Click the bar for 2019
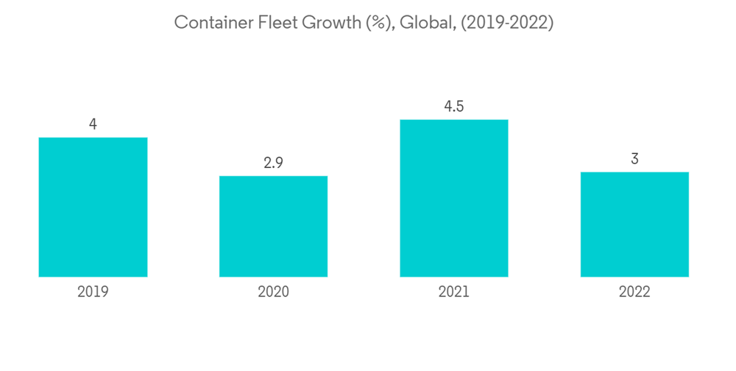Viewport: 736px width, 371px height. pyautogui.click(x=93, y=207)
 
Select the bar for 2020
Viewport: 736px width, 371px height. pyautogui.click(x=273, y=226)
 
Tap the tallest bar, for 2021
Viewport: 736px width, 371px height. pyautogui.click(x=453, y=198)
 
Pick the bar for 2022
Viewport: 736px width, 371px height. pyautogui.click(x=634, y=225)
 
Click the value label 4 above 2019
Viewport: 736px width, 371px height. pyautogui.click(x=93, y=124)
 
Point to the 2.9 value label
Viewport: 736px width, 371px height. pyautogui.click(x=273, y=163)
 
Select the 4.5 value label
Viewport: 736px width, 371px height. pyautogui.click(x=453, y=107)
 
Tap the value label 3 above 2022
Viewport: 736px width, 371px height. pyautogui.click(x=634, y=159)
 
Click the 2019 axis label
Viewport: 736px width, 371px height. pyautogui.click(x=93, y=292)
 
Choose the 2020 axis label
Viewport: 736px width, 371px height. pyautogui.click(x=273, y=292)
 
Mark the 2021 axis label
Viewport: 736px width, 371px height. pyautogui.click(x=453, y=292)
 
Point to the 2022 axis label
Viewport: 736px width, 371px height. pyautogui.click(x=634, y=292)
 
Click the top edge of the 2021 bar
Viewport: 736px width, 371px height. pyautogui.click(x=453, y=120)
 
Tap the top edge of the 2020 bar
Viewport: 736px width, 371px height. pyautogui.click(x=273, y=177)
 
